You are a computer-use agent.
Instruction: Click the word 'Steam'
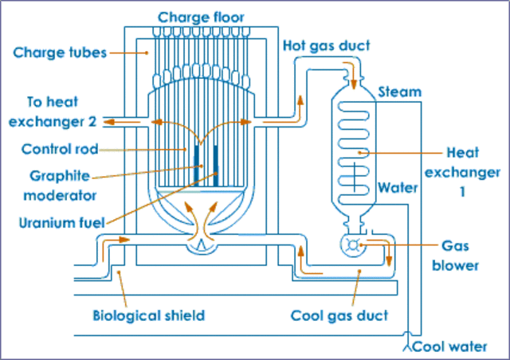pyautogui.click(x=399, y=91)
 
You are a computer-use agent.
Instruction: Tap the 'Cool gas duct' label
pyautogui.click(x=339, y=315)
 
